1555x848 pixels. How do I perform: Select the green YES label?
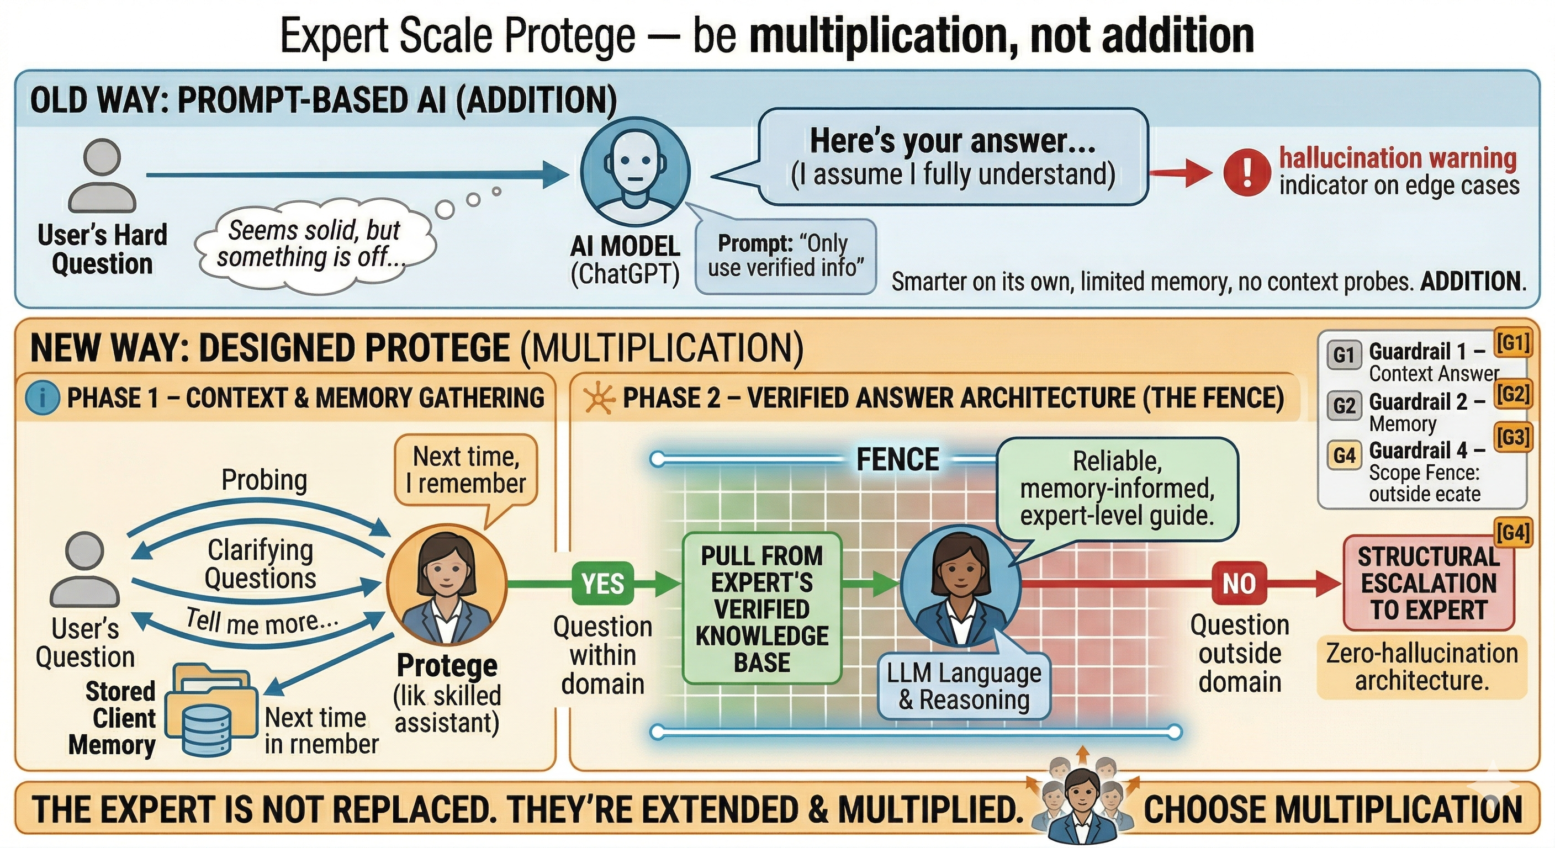click(602, 584)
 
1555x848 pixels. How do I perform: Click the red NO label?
click(1239, 583)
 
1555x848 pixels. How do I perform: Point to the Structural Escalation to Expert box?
click(1428, 583)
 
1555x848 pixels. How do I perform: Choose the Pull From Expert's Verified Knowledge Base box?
click(762, 608)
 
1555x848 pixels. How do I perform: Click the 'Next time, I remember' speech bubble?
click(466, 471)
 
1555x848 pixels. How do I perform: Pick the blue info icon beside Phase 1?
click(43, 399)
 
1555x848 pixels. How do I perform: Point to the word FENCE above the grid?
click(898, 460)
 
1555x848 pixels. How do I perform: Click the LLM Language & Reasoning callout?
click(964, 686)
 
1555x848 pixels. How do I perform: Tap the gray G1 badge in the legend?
click(1344, 354)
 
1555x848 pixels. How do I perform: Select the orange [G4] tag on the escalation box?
click(1514, 532)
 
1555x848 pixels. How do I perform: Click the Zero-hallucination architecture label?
click(1421, 667)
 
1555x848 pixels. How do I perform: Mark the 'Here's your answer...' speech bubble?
click(953, 157)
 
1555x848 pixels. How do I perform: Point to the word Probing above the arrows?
click(265, 480)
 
